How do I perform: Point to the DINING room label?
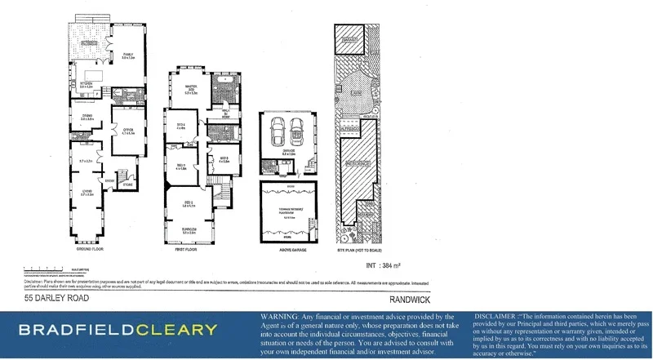pos(86,118)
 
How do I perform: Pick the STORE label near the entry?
pos(127,184)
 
